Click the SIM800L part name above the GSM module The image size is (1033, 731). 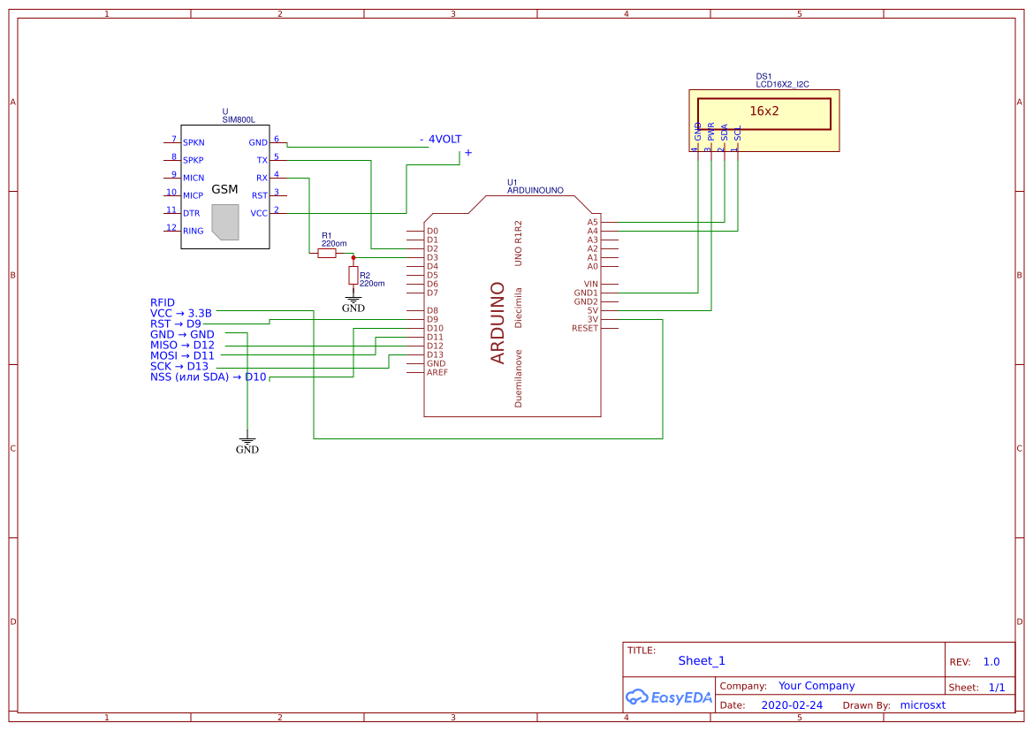pos(239,119)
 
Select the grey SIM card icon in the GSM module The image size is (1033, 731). pos(226,222)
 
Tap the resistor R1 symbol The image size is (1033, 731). pos(327,253)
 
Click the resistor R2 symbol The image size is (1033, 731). pos(353,275)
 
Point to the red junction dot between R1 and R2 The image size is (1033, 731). pos(353,257)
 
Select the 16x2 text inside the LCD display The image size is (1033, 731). pos(764,111)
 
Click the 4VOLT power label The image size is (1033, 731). pos(444,140)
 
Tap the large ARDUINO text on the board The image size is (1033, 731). pos(498,323)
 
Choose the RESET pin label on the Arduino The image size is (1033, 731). pos(585,328)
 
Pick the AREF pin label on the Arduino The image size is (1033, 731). pos(437,372)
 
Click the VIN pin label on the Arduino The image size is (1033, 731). pos(590,284)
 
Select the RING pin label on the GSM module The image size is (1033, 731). pos(193,231)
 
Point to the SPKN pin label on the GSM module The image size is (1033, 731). pos(194,142)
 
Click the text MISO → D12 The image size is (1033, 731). pos(182,345)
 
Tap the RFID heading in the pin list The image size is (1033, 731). pos(163,302)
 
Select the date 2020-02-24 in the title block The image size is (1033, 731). pos(792,705)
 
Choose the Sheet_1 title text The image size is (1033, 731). pos(702,660)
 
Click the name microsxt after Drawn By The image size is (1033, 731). pos(923,705)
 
